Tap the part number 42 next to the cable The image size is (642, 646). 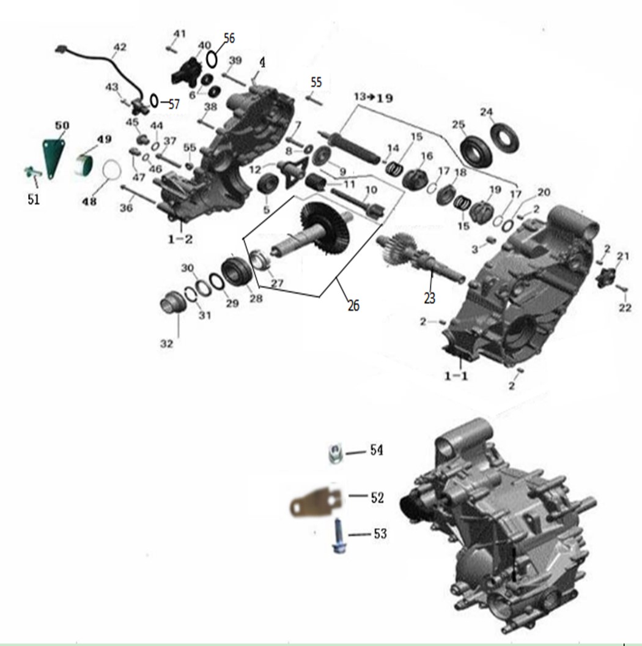point(120,47)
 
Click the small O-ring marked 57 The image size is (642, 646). point(153,100)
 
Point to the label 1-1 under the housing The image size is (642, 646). point(456,376)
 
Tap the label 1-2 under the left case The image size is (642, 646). point(180,239)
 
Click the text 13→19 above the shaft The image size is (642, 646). point(373,97)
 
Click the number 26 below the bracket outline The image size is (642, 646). point(353,305)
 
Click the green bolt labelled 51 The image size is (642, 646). point(31,173)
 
